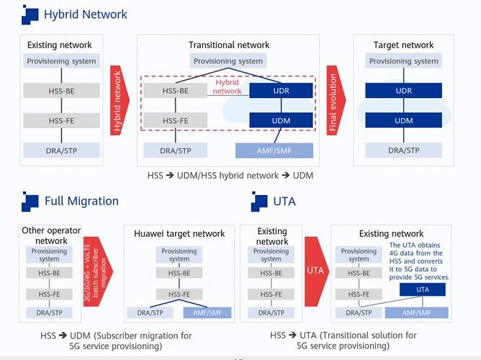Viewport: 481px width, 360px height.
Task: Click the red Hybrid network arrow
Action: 120,102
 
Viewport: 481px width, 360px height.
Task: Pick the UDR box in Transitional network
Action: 281,91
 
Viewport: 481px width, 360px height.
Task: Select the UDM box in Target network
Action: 403,120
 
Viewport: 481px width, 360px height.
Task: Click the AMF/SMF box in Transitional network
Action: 274,150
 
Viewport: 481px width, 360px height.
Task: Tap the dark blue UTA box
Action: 423,289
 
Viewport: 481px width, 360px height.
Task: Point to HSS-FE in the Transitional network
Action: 176,120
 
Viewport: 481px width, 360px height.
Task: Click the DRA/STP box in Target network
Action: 403,150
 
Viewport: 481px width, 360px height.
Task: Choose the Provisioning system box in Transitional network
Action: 228,61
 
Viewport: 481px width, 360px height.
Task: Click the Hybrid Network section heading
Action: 85,14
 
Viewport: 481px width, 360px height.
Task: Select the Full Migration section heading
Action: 81,201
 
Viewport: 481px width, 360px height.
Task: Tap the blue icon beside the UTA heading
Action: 259,202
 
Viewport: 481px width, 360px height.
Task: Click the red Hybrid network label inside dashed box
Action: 228,87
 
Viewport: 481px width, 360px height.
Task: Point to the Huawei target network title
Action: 179,233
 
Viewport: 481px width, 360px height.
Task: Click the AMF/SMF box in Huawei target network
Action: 207,312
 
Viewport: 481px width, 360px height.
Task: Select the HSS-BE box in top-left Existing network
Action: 61,91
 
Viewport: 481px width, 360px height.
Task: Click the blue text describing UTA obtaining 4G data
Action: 420,261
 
